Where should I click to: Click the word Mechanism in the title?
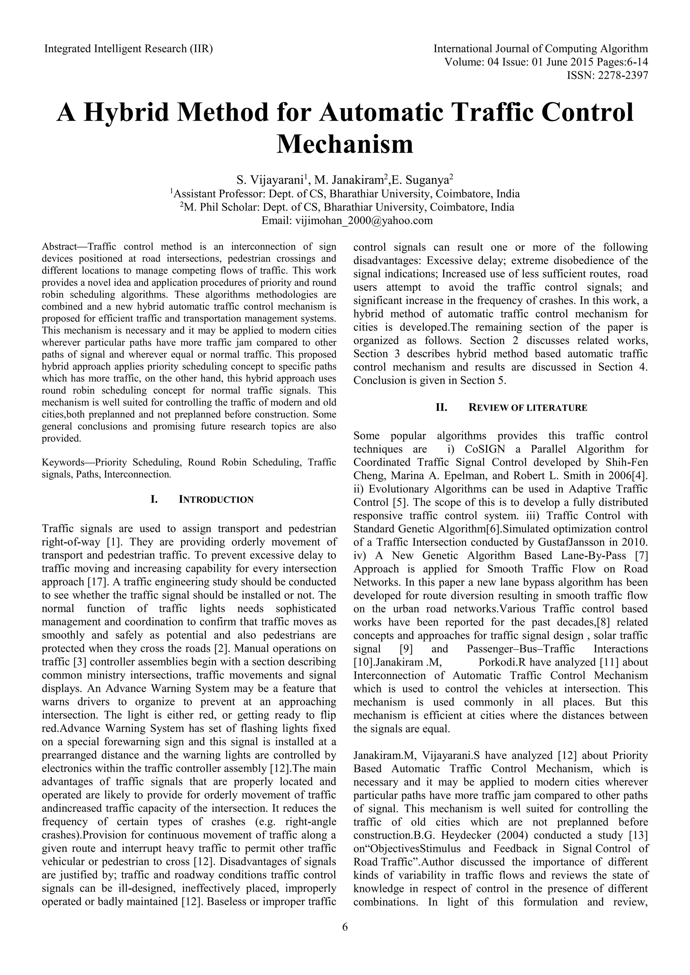point(345,145)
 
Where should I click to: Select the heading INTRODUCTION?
point(216,500)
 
